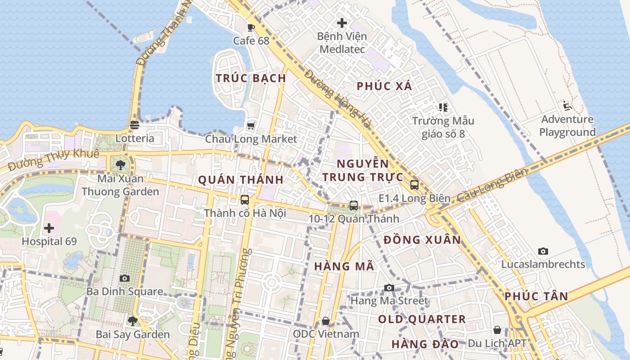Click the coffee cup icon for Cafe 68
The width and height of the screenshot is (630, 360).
pos(251,27)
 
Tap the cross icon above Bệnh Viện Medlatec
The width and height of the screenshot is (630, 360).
pos(342,22)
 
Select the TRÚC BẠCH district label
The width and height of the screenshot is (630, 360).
pos(251,78)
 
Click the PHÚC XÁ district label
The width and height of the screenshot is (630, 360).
pos(384,86)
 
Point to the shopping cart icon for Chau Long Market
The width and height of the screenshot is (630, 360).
pos(251,126)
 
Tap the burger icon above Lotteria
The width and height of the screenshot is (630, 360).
pos(135,125)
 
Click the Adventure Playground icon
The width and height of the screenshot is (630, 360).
pos(567,106)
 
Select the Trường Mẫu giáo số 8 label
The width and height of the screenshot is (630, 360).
pos(443,127)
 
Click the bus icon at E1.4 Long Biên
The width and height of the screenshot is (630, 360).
pos(414,184)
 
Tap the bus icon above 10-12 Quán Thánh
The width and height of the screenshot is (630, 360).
pos(354,205)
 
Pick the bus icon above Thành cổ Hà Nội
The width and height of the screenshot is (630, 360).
pos(245,199)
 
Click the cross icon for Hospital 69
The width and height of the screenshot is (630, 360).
pos(49,228)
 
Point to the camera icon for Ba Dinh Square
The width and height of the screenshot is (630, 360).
pos(125,278)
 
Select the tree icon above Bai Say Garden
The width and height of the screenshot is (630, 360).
pos(133,321)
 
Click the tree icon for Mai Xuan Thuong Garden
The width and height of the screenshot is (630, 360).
pos(120,165)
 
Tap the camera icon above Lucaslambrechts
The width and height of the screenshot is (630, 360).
pos(543,251)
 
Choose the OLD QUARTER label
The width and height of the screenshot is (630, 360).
pos(422,319)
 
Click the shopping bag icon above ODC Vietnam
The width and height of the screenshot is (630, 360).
pos(326,321)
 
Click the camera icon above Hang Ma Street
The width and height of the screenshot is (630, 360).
pos(389,288)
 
